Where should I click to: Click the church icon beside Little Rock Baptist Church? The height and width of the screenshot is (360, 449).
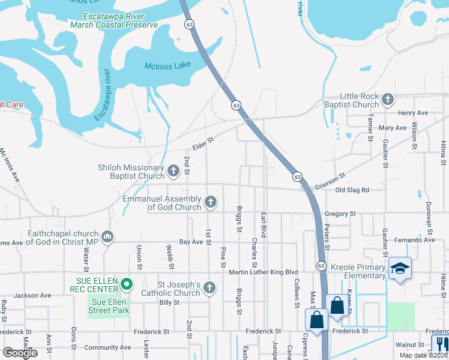point(388,99)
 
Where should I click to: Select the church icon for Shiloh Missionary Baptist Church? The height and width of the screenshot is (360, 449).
point(173,172)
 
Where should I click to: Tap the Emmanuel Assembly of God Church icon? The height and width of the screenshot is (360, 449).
point(210,202)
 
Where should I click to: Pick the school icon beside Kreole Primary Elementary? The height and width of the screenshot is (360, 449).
point(400,268)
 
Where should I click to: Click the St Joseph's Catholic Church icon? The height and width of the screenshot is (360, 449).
point(209,289)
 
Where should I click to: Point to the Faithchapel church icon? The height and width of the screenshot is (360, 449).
point(107,237)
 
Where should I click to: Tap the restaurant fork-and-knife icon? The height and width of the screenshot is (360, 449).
point(440,344)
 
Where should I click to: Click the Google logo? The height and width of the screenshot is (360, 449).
point(20,353)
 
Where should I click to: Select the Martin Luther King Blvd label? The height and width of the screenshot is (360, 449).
point(264,272)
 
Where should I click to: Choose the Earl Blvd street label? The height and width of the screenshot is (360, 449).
point(263,224)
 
